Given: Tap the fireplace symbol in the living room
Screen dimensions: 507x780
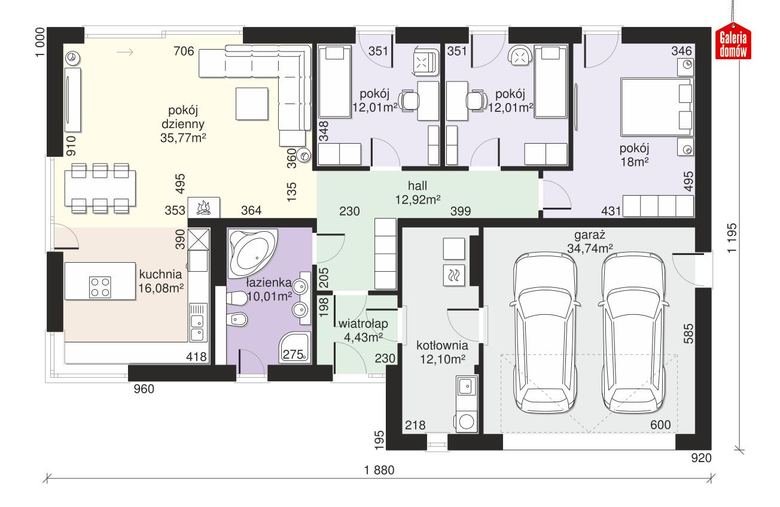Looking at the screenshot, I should [x=204, y=207].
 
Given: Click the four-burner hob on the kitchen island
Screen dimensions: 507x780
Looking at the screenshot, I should [x=99, y=286].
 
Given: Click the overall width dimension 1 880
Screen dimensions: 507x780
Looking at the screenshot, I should [x=379, y=470].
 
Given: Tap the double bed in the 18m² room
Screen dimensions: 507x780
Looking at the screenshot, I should [x=656, y=107].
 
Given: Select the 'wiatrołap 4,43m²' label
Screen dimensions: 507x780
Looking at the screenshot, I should [x=363, y=330].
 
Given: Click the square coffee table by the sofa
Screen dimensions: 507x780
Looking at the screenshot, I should [x=251, y=103].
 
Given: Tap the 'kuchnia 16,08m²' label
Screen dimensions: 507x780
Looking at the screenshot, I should [x=160, y=281].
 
